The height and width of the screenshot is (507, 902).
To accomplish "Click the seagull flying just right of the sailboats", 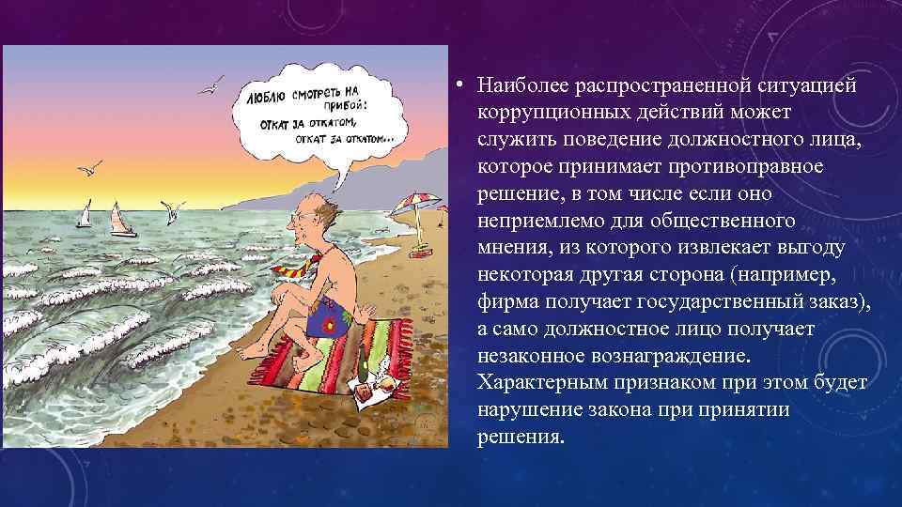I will click(x=171, y=209).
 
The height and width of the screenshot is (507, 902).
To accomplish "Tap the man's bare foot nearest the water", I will click(x=247, y=352).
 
